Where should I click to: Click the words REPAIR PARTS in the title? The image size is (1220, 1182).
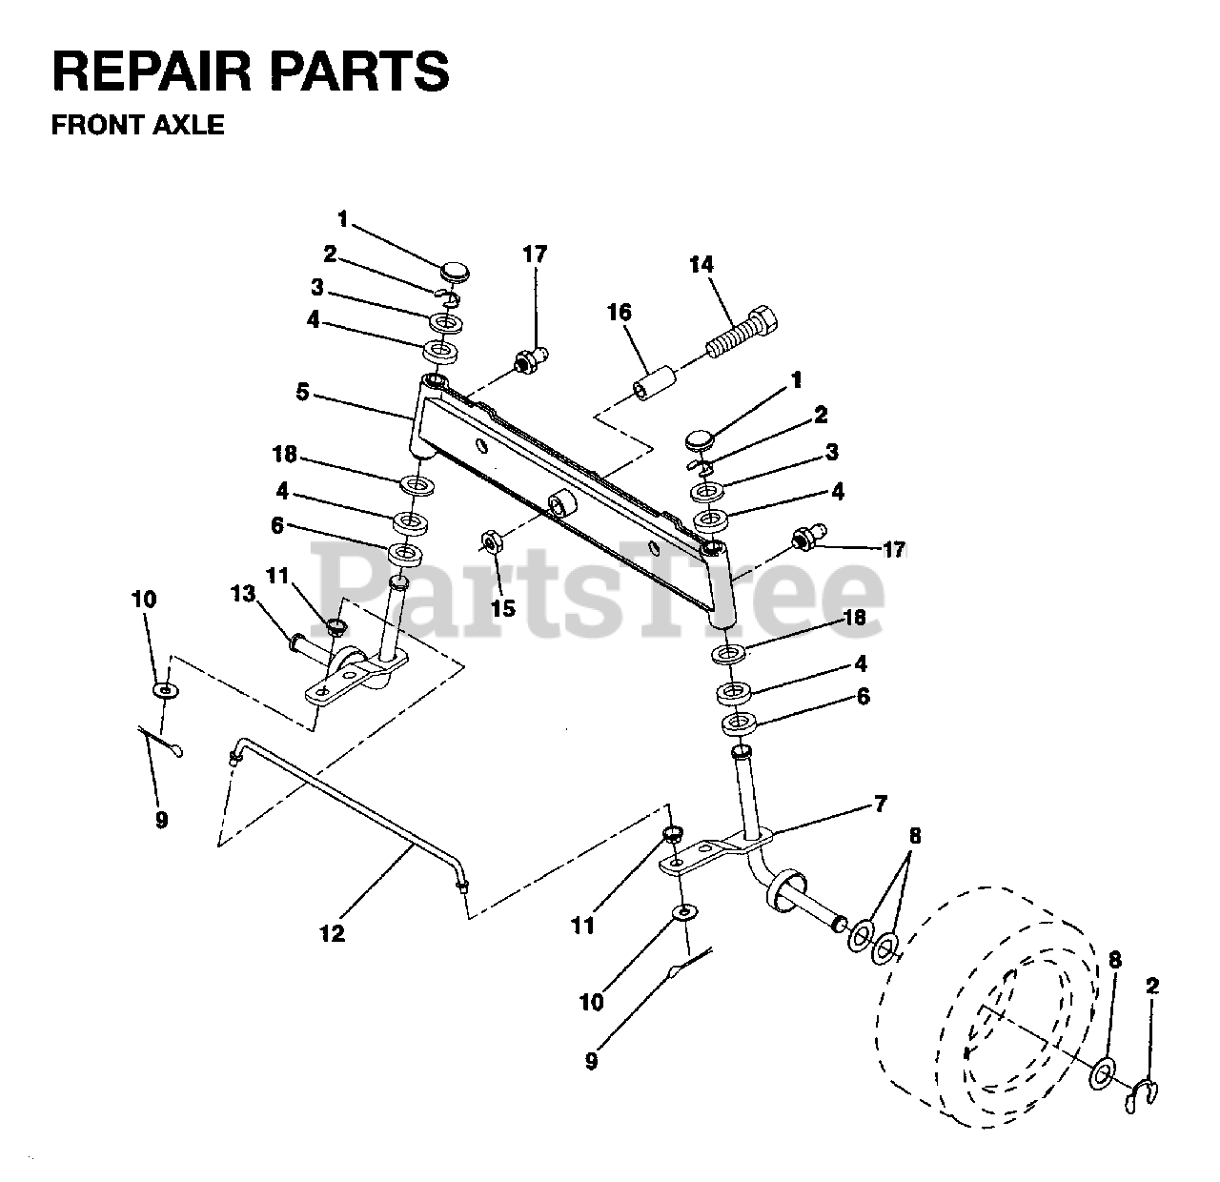click(250, 72)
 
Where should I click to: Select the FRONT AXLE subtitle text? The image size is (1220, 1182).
click(137, 125)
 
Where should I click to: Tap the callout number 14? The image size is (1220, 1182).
click(701, 264)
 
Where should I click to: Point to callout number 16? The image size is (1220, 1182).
click(619, 313)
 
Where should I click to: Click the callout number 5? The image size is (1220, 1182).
click(302, 392)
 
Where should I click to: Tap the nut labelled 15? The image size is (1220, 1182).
click(492, 543)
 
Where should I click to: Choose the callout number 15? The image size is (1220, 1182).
click(502, 608)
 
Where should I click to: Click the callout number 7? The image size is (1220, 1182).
click(880, 805)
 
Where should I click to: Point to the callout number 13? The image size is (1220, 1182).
click(243, 594)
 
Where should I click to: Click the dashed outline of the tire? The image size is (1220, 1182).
click(991, 1010)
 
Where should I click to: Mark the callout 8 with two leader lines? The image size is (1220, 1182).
click(915, 837)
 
